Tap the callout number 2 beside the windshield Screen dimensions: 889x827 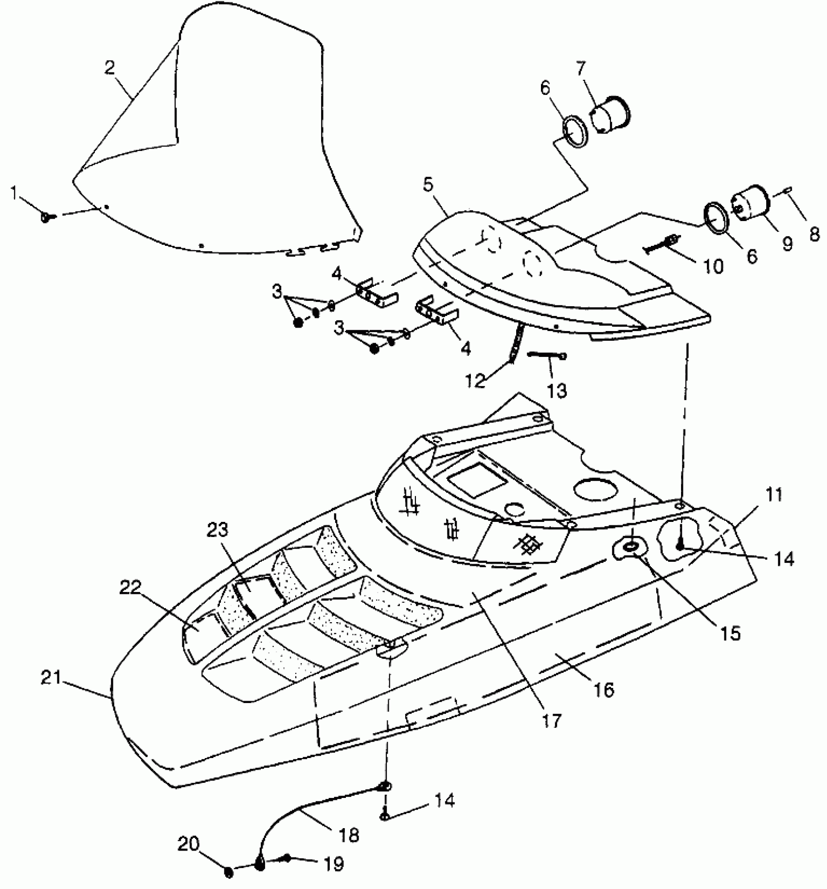[110, 68]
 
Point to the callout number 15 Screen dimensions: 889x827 [730, 633]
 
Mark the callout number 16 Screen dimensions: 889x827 [604, 689]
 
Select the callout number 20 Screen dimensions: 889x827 [188, 844]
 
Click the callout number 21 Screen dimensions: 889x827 [51, 678]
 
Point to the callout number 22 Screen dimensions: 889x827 [130, 588]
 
